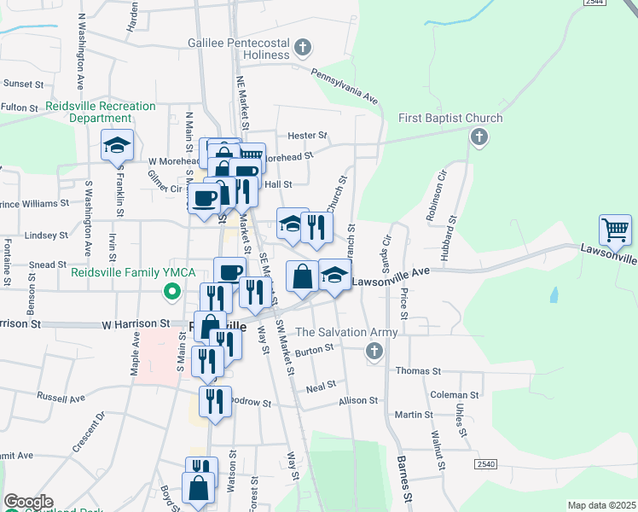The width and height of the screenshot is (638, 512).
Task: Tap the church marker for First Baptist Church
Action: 479,137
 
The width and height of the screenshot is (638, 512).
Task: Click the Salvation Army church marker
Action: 373,351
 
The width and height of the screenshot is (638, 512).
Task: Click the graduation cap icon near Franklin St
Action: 117,145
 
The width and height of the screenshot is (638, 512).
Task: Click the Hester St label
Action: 308,135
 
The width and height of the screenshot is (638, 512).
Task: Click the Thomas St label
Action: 418,371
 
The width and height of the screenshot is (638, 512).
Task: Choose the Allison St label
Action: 357,400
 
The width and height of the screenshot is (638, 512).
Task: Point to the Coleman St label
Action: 455,395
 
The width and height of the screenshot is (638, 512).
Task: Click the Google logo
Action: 28,502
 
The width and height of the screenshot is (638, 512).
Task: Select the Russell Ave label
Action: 61,398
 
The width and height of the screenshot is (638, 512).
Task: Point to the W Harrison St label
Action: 136,324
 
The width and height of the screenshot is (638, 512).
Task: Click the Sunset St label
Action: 23,84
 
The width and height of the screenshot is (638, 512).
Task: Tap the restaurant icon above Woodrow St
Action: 215,401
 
